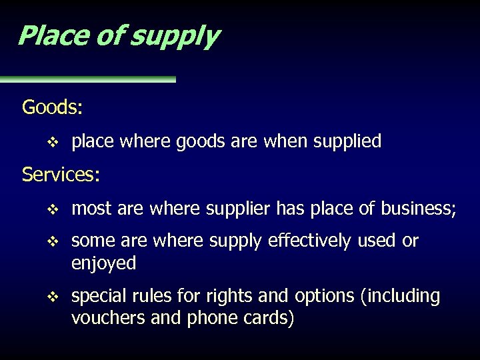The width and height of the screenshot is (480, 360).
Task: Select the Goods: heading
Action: pos(53,107)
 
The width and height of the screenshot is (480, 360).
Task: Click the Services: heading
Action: pos(61,175)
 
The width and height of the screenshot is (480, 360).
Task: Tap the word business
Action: pos(417,210)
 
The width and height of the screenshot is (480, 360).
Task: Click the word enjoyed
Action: pos(103,264)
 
